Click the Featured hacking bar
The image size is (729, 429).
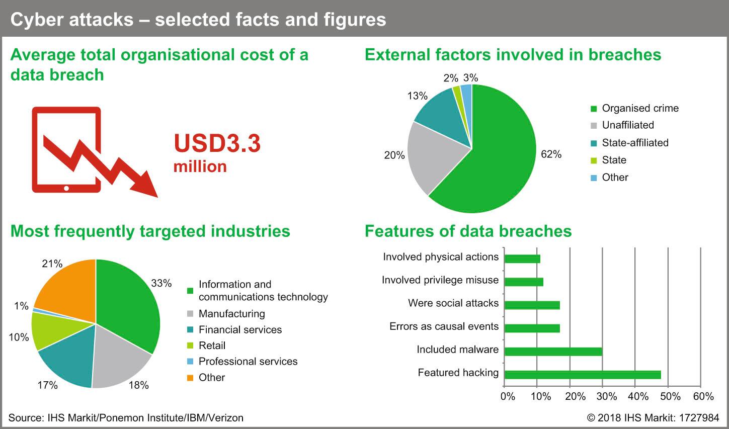tap(583, 375)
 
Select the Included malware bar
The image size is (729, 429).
tap(553, 352)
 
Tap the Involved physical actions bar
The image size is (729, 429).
tap(522, 259)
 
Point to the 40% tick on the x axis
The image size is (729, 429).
tap(638, 396)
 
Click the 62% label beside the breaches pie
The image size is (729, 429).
tap(551, 154)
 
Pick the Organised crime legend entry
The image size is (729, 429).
tap(634, 108)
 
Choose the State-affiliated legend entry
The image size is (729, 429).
tap(629, 143)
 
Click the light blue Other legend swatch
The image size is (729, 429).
tap(594, 178)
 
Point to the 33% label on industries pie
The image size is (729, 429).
tap(161, 283)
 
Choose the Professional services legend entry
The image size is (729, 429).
tap(242, 361)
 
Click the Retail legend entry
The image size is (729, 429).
tap(206, 346)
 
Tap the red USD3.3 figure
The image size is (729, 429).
tap(217, 143)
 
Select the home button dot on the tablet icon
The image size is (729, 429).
tap(66, 188)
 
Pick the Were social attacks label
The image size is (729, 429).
tap(453, 303)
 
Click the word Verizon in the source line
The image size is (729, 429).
tap(226, 417)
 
